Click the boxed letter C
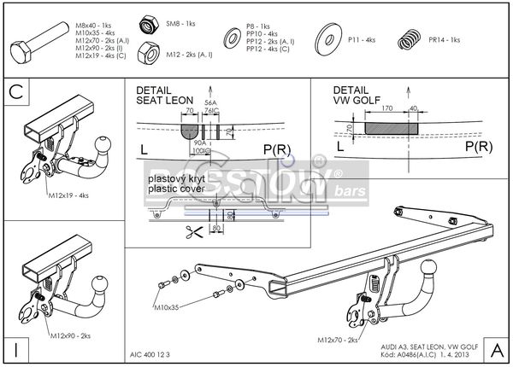tap(16, 91)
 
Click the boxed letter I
tap(16, 349)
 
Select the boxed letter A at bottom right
tap(496, 349)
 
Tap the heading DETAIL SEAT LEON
tap(165, 96)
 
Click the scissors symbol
tap(185, 230)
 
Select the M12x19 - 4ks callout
tap(67, 195)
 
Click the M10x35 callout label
tap(172, 306)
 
